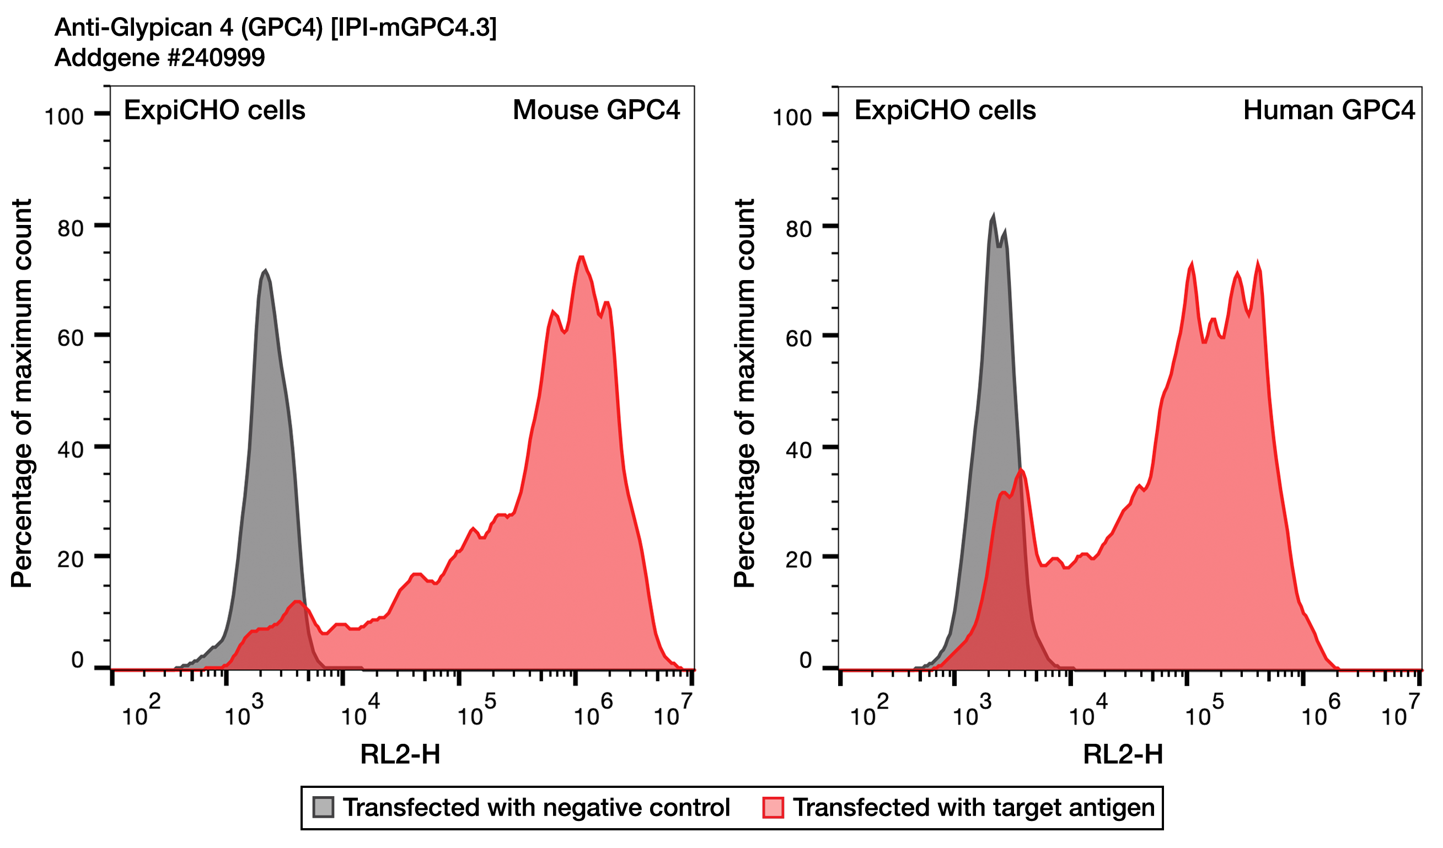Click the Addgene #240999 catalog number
pos(159,58)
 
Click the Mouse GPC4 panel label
pos(596,110)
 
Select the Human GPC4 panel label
pos(1328,110)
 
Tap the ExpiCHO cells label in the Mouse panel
pos(214,110)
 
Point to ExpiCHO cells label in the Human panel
pos(945,110)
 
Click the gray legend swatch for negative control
pos(323,807)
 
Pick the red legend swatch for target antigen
pos(773,807)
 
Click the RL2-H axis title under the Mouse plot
pos(400,755)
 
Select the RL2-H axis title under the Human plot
pos(1123,755)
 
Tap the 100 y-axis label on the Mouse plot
pos(64,117)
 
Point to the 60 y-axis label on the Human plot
pos(798,339)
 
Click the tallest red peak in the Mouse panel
pos(581,257)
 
